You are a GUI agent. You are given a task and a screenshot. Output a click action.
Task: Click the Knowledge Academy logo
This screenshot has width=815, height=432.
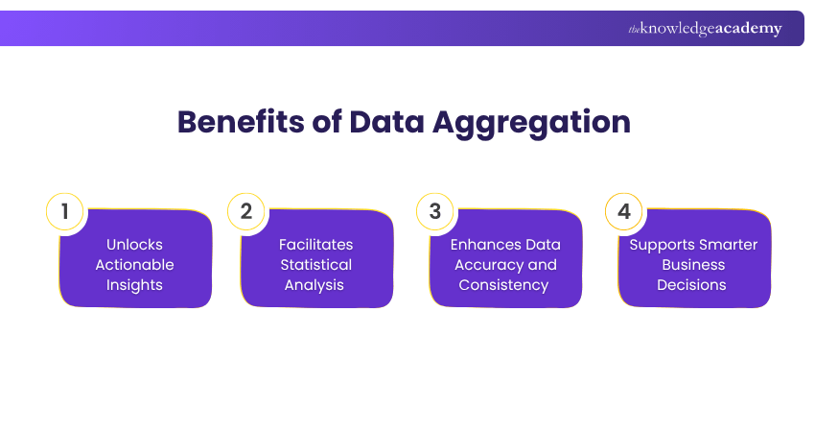(705, 29)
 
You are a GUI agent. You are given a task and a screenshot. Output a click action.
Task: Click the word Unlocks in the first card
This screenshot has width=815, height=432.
(134, 245)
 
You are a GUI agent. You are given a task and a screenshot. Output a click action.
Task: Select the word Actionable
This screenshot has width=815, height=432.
(134, 265)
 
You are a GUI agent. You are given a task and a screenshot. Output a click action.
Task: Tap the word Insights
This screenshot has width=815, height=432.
(134, 285)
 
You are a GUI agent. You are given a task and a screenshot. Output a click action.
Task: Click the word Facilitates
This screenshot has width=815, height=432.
(315, 245)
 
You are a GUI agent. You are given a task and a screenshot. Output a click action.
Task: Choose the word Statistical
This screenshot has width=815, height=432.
(315, 265)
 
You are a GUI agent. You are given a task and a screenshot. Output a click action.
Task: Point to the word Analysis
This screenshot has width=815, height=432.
(315, 285)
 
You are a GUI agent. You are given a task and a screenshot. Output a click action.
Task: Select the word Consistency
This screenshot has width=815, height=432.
(504, 285)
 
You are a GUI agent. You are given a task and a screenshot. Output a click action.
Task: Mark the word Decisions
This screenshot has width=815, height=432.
(691, 285)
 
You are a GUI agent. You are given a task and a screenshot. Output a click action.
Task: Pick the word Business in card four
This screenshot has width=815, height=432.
(691, 265)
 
